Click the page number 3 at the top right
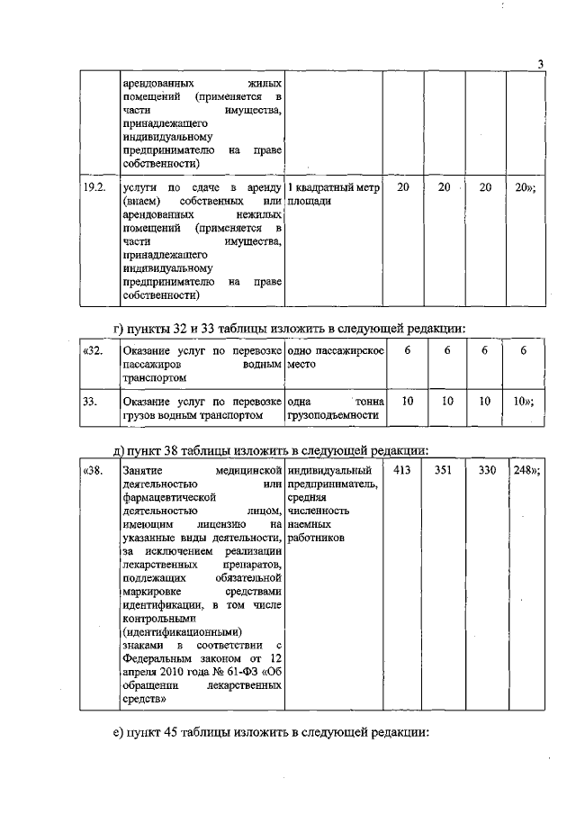[x=539, y=63]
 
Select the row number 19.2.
[x=94, y=186]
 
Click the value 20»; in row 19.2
[x=526, y=186]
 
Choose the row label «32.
[x=92, y=350]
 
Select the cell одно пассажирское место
[x=334, y=358]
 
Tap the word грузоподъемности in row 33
[x=328, y=416]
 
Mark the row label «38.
[x=92, y=469]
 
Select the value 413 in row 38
[x=407, y=469]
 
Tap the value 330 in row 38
[x=486, y=469]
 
